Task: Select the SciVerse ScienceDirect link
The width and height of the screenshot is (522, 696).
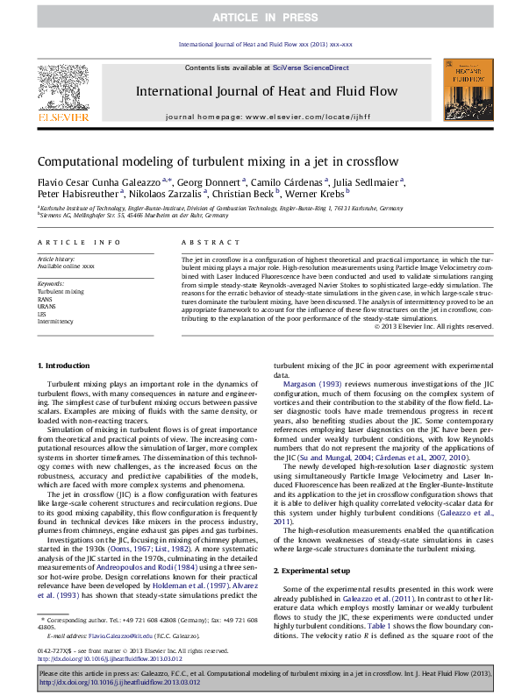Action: [x=311, y=67]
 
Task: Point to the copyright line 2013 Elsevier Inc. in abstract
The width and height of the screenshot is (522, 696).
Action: [x=434, y=326]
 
